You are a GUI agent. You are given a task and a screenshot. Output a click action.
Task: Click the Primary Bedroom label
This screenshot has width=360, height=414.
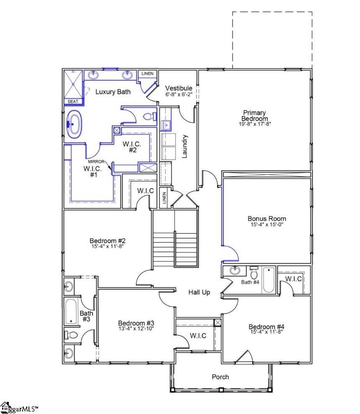pos(254,116)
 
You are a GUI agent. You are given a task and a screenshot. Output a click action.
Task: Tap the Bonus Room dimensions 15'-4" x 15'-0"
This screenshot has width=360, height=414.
pos(267,225)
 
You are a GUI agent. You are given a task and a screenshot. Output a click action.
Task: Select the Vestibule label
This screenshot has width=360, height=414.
pos(179,88)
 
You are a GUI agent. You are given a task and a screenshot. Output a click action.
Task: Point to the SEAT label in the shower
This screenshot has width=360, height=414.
pos(73,101)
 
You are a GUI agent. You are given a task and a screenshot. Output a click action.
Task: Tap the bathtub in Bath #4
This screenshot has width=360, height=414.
pos(268,280)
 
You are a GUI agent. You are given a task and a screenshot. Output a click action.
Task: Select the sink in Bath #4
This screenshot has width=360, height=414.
pos(235,271)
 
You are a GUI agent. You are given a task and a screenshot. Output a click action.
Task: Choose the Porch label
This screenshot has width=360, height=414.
pos(220,377)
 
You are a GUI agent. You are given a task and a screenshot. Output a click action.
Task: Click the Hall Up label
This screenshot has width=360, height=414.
pos(199,292)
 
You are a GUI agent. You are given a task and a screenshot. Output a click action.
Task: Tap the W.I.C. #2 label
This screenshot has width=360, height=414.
pos(130,147)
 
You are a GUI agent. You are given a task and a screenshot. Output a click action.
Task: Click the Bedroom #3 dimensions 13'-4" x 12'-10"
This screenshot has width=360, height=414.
pos(136,329)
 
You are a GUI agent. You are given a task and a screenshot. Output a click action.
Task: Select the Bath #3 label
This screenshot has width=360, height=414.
pos(86,316)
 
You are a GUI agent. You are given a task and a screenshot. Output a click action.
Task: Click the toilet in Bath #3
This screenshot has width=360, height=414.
pos(71,335)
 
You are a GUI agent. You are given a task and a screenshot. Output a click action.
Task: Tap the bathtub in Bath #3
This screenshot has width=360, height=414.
pos(72,312)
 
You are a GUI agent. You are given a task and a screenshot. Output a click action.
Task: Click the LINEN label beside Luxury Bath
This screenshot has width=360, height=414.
pos(147,74)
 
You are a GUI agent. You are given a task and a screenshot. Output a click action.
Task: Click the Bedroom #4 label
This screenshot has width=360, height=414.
pos(267,327)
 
